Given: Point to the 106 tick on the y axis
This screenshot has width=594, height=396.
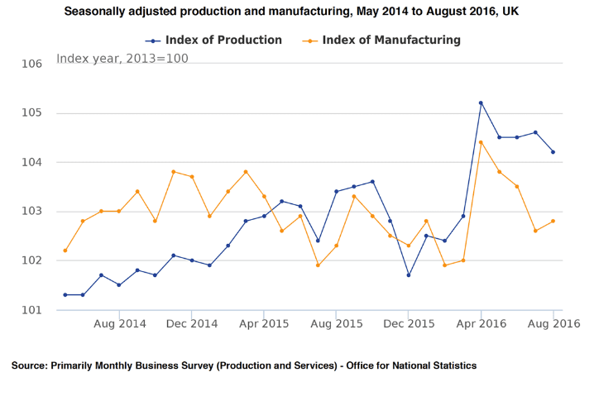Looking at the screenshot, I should (31, 64).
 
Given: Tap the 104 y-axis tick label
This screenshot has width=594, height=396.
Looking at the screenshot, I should (31, 162).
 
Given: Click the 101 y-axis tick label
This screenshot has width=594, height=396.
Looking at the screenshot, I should (31, 310).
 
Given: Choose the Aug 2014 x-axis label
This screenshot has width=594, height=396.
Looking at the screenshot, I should (120, 324).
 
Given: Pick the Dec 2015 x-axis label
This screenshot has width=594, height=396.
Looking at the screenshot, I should (409, 324).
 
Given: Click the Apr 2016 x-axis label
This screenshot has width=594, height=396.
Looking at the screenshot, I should (481, 324).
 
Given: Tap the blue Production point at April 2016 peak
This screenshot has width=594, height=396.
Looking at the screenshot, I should (481, 103).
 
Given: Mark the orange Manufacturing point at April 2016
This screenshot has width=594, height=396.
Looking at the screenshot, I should (481, 142).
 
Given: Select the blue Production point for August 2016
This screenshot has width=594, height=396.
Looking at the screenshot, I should (553, 152).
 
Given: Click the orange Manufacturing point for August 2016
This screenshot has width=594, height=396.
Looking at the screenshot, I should (553, 221).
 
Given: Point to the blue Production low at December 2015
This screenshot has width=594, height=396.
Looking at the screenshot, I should (409, 275).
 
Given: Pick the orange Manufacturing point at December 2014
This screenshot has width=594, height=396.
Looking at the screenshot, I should (192, 177).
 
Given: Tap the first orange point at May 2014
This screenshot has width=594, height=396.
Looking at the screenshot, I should (65, 250).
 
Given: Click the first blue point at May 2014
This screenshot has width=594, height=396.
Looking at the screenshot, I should (65, 294).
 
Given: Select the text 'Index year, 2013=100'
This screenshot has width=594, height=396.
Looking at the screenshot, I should (122, 58).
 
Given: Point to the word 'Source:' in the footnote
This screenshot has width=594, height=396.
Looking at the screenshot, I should (29, 365).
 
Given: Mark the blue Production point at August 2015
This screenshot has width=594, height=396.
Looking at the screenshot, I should (336, 191).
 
